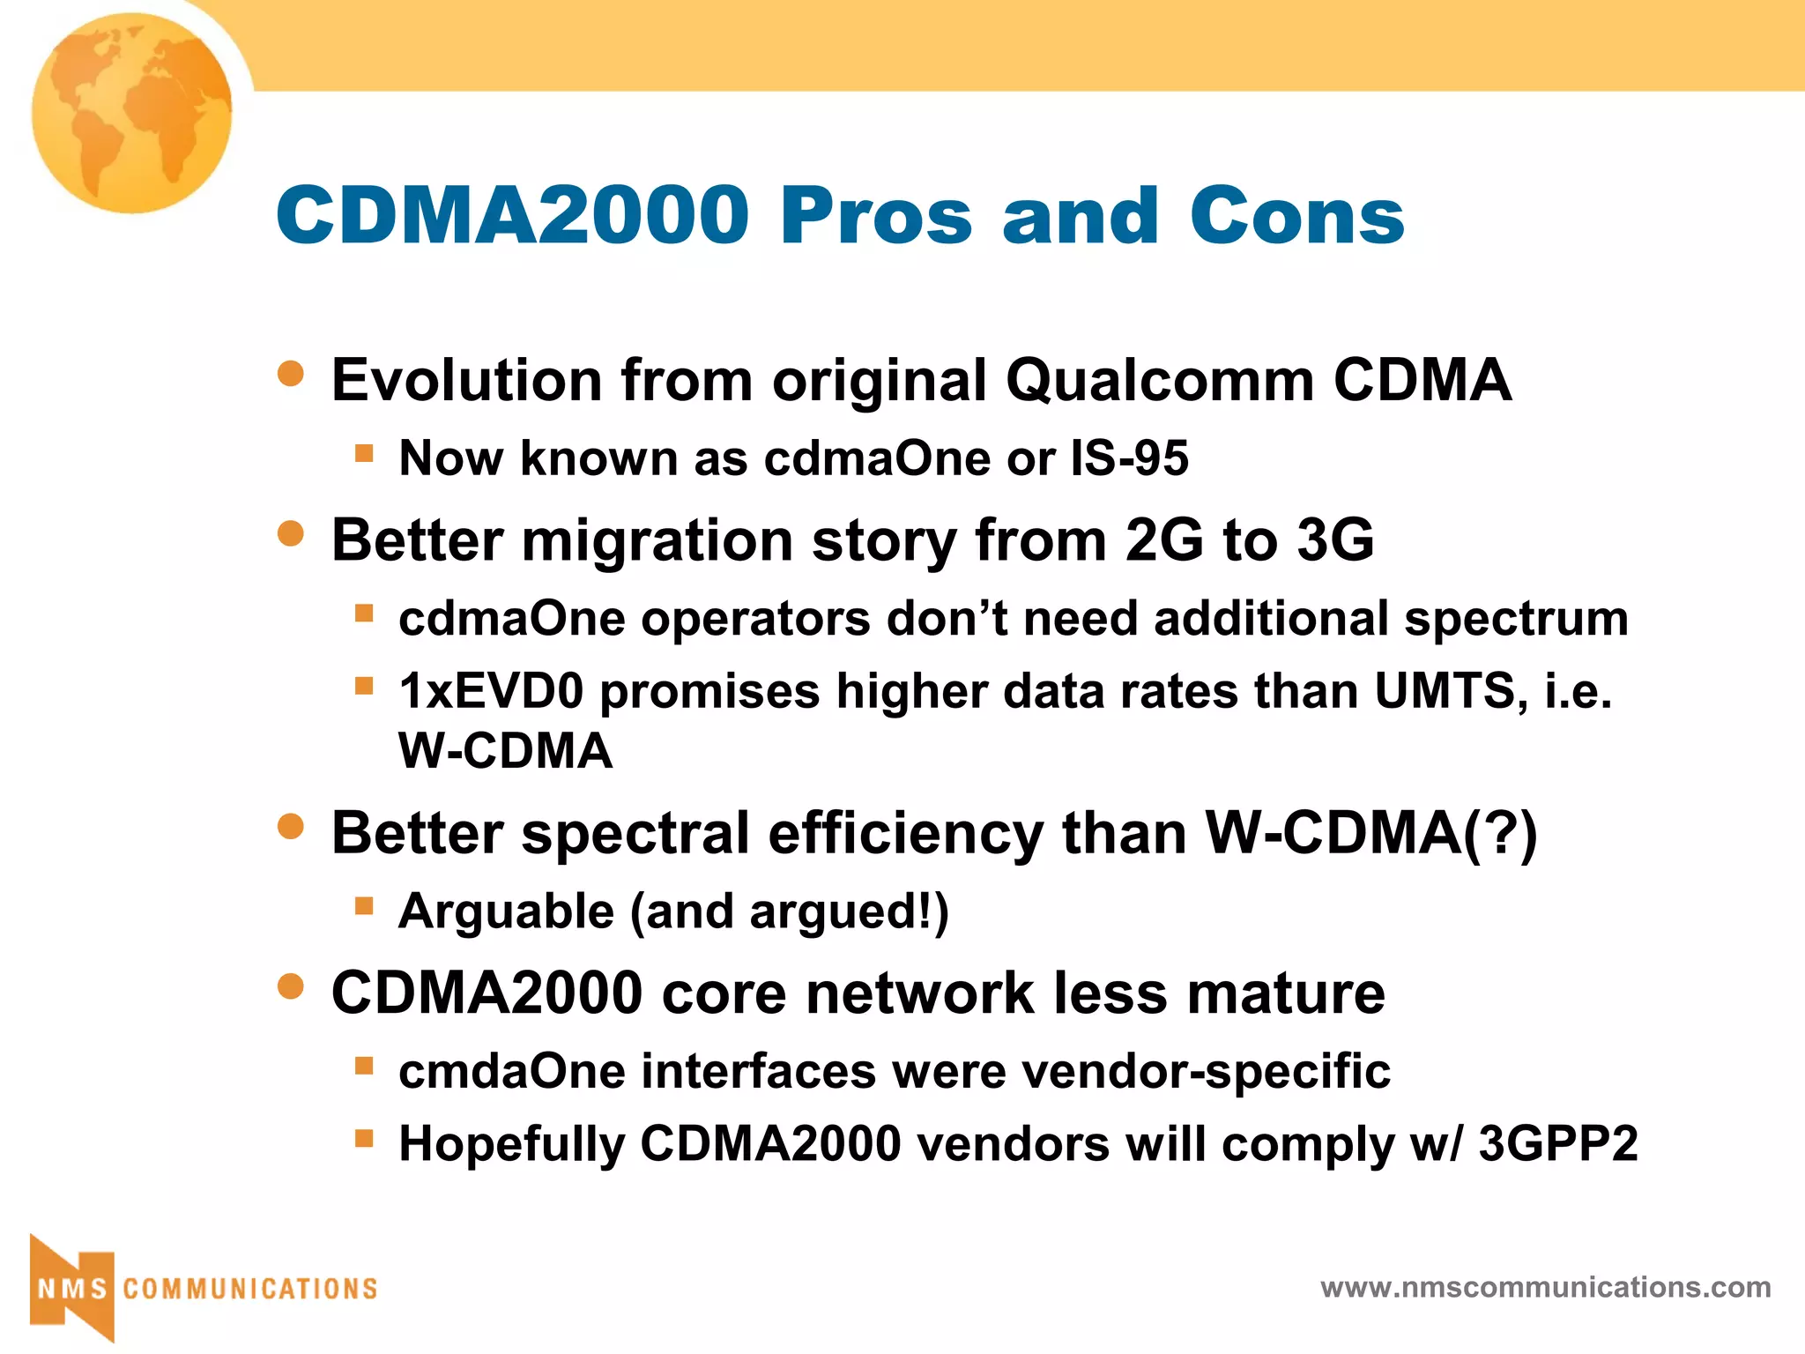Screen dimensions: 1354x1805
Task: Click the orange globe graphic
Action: [131, 113]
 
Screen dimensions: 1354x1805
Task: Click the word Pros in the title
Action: [876, 216]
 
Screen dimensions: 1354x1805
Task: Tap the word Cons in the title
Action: [1296, 216]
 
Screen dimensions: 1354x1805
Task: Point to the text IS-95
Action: [1129, 458]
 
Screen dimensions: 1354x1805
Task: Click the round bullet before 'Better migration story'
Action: [290, 533]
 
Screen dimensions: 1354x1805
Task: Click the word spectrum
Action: [1515, 619]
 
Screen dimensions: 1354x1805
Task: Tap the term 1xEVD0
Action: [491, 691]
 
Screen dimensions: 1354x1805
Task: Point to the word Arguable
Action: [506, 911]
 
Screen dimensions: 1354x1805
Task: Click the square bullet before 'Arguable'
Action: [364, 905]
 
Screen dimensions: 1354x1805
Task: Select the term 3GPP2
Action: [1557, 1144]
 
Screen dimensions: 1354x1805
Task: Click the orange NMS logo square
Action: [72, 1288]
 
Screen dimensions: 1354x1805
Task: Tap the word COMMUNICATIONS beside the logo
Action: [250, 1289]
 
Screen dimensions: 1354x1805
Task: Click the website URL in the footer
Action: [1545, 1287]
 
